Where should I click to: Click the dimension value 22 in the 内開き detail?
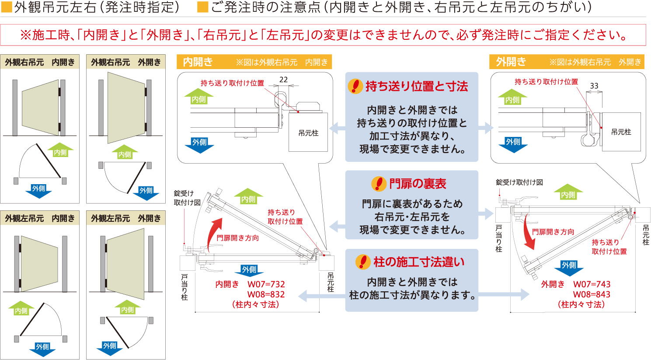tap(283, 79)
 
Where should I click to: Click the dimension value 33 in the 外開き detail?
tap(594, 86)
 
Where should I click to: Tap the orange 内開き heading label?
tap(198, 62)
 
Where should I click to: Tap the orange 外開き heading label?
tap(511, 62)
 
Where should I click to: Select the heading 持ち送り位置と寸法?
tap(417, 86)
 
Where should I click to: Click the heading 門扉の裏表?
tap(418, 184)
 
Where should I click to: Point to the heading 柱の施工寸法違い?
tap(419, 262)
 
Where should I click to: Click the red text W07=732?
tap(266, 284)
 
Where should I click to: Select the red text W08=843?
tap(592, 294)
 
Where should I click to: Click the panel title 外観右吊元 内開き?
tap(40, 62)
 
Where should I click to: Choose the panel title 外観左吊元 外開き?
tap(126, 218)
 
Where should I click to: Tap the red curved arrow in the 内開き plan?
tap(215, 234)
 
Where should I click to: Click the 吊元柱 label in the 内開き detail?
tap(308, 133)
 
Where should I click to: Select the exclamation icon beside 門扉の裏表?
tap(379, 184)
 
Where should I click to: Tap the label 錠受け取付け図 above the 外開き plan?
tap(519, 182)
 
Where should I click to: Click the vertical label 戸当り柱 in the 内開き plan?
tap(184, 287)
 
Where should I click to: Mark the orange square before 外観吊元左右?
tap(7, 7)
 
